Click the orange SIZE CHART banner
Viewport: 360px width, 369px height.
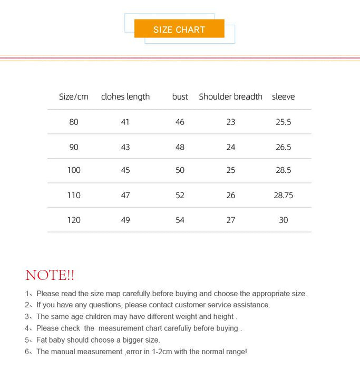coord(179,29)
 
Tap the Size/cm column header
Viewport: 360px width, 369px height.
coord(74,96)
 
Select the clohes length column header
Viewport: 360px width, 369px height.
coord(125,96)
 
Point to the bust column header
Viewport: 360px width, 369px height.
coord(180,96)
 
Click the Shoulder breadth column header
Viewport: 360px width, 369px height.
coord(230,96)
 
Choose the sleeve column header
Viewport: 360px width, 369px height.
coord(283,96)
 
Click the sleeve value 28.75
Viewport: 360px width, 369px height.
coord(284,195)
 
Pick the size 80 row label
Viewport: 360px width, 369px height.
coord(74,122)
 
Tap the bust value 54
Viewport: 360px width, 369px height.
coord(180,220)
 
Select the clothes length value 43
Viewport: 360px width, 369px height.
coord(125,147)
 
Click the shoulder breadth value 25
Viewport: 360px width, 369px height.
coord(231,170)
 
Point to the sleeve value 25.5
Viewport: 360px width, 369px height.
coord(284,122)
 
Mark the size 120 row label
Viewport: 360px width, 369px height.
coord(74,220)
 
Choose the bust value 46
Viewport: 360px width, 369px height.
coord(180,122)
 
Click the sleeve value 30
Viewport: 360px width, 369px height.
coord(284,220)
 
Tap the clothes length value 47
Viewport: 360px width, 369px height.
coord(125,195)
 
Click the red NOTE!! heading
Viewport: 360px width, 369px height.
coord(50,275)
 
